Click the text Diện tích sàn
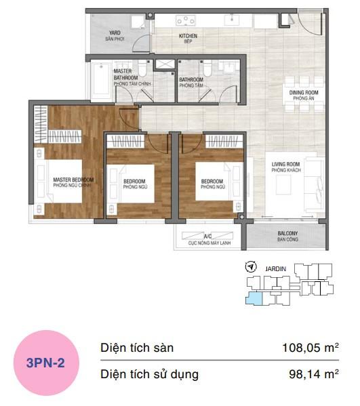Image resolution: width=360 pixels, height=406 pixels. pyautogui.click(x=137, y=348)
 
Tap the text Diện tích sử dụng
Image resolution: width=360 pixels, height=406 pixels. pyautogui.click(x=149, y=373)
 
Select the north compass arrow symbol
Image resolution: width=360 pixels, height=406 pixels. pyautogui.click(x=252, y=266)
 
